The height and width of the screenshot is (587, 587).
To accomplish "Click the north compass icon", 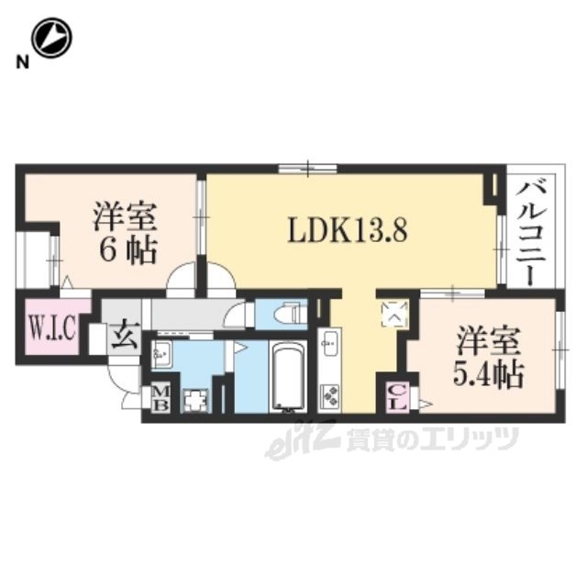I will [x=52, y=39].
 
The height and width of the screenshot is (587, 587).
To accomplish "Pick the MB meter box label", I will [x=160, y=399].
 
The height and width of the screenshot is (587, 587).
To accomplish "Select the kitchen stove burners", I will [x=329, y=395].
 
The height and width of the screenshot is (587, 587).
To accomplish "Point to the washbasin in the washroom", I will [x=162, y=352].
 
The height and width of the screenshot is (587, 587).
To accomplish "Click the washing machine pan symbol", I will [x=196, y=400].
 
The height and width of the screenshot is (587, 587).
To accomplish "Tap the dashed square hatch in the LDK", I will [x=393, y=313].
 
